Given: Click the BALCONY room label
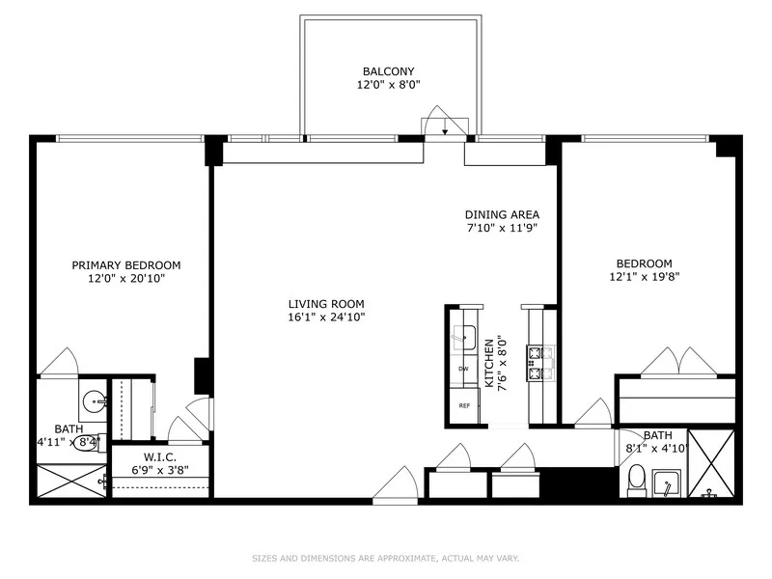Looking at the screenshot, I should [x=389, y=71].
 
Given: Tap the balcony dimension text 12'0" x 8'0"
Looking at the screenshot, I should [x=389, y=85].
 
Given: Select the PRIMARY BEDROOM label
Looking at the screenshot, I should [x=126, y=265].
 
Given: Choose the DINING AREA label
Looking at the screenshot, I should [x=502, y=215].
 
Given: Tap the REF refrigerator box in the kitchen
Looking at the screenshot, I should [x=464, y=406].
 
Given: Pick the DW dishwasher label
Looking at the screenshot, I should [x=463, y=369].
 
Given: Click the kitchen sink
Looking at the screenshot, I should [x=464, y=337].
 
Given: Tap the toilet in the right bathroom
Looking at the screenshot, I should [x=637, y=479].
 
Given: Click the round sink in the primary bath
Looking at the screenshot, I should [x=95, y=400].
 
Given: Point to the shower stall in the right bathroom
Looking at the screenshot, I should [x=712, y=463].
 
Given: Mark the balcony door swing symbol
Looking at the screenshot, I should [x=444, y=123].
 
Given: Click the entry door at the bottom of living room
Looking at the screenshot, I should [x=396, y=485].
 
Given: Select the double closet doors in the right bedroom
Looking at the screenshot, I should [x=679, y=362].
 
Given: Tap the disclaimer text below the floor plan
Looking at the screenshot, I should [x=385, y=558].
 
